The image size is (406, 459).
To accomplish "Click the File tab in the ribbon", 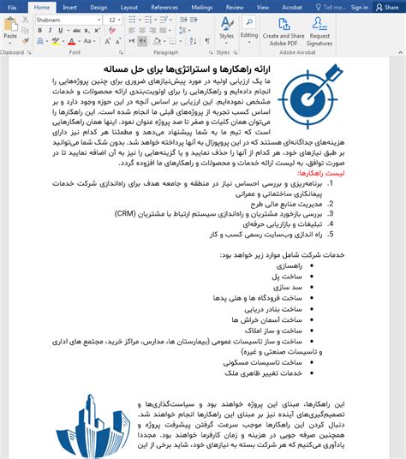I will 12,7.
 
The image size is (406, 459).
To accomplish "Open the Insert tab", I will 69,7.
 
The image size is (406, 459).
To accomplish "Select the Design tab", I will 99,7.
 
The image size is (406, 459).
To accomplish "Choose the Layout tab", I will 128,7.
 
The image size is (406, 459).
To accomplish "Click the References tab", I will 164,7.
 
